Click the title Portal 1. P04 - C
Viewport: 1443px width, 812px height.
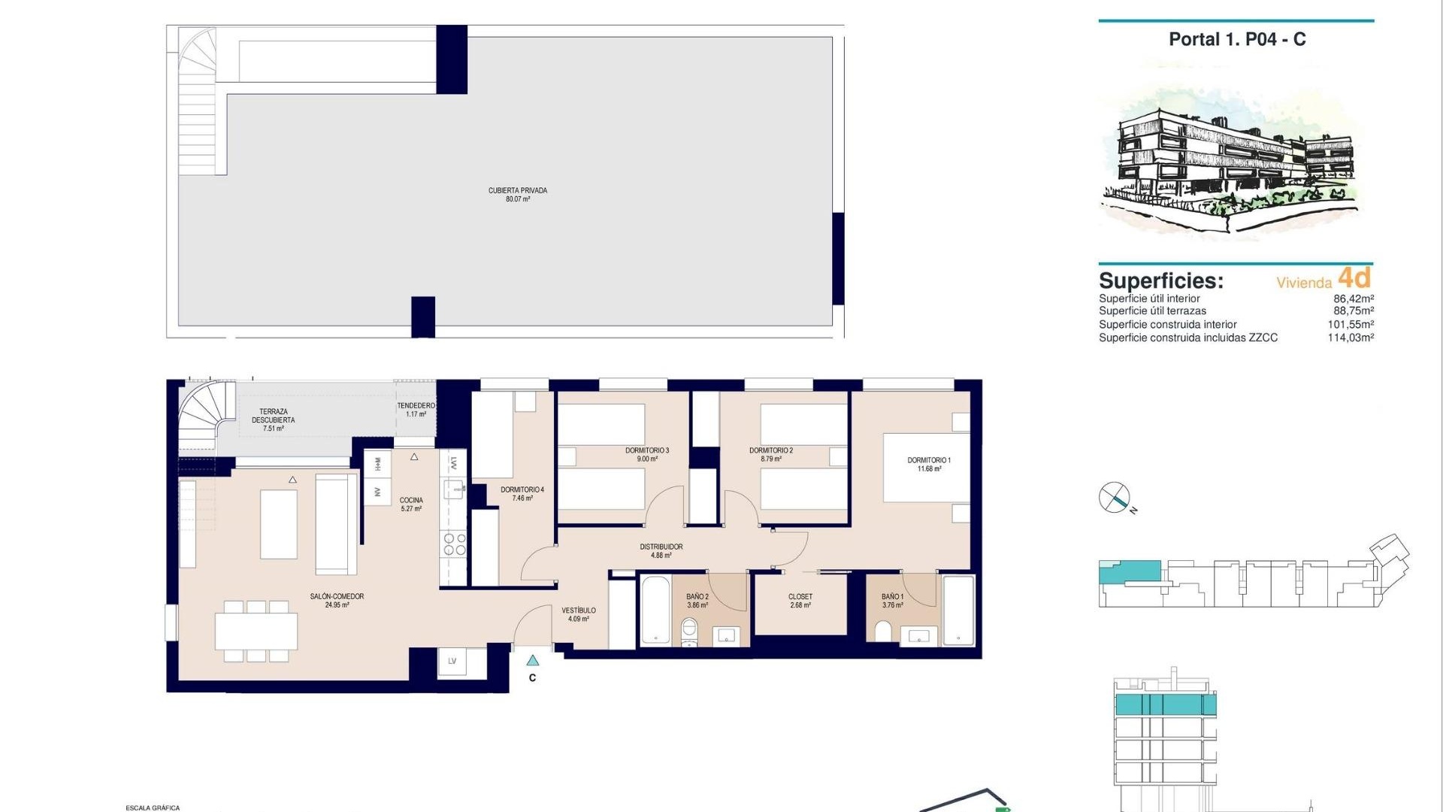(1236, 40)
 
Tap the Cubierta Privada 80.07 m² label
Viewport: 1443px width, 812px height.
(518, 195)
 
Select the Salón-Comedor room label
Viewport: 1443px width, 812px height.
(337, 600)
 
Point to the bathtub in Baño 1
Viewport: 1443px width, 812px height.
(958, 611)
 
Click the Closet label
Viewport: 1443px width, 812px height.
(800, 600)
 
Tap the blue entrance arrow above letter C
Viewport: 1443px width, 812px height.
(532, 661)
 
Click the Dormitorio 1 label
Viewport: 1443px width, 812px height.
(929, 464)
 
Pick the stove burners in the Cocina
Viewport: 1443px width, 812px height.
(453, 544)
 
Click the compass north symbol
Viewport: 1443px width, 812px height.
(1115, 498)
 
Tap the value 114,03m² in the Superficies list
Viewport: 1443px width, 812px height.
(1350, 338)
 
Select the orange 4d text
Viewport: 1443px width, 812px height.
(1354, 278)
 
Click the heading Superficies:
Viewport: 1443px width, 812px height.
(1160, 281)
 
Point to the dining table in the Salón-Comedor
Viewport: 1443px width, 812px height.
(256, 632)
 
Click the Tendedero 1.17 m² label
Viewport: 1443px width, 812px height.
(416, 410)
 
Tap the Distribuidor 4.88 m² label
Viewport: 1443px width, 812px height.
(661, 551)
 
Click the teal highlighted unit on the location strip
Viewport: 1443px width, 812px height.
(1129, 571)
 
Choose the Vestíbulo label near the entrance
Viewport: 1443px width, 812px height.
(578, 614)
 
